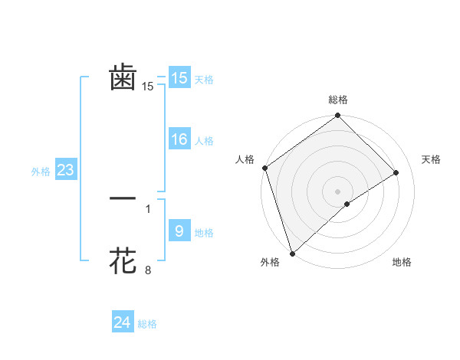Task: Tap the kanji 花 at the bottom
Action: point(123,261)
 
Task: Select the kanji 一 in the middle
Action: point(123,198)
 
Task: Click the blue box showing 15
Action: point(179,77)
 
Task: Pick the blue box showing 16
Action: point(179,139)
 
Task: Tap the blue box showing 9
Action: point(179,231)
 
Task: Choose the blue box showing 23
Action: point(65,170)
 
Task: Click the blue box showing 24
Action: point(123,322)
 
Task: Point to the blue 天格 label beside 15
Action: point(204,79)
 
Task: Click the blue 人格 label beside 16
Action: point(204,141)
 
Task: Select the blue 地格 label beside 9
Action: point(204,233)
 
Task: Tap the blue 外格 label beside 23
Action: point(41,172)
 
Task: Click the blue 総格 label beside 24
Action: point(147,324)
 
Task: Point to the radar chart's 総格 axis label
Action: point(338,100)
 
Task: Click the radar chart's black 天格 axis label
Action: point(432,159)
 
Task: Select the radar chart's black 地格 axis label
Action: point(402,263)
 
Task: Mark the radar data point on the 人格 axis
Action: point(264,168)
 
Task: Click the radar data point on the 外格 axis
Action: point(292,253)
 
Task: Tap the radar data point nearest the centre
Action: point(347,204)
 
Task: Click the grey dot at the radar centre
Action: point(337,191)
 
